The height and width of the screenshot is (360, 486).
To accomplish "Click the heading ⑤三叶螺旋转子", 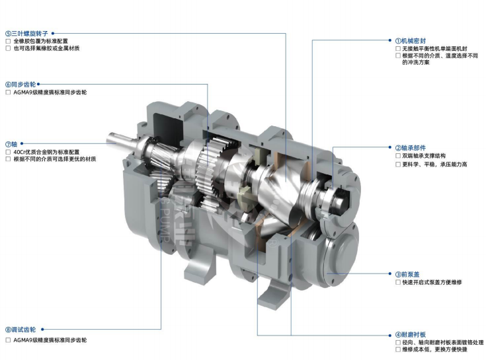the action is pyautogui.click(x=26, y=34).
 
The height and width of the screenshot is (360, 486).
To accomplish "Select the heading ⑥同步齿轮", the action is pyautogui.click(x=20, y=85).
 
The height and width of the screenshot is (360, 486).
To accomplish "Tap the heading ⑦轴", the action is pyautogui.click(x=11, y=144).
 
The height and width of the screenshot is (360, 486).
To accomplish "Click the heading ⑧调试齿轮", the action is pyautogui.click(x=20, y=330).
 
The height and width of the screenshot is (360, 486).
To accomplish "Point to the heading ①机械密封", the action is pyautogui.click(x=411, y=40).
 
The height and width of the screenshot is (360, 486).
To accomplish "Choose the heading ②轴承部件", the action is pyautogui.click(x=411, y=148).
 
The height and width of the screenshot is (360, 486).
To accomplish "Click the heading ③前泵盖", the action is pyautogui.click(x=407, y=274).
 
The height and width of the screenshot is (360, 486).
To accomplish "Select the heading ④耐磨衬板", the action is pyautogui.click(x=411, y=335).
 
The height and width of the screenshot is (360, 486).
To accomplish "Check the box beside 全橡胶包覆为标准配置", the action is pyautogui.click(x=8, y=41).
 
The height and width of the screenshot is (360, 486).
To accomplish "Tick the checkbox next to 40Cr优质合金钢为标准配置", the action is pyautogui.click(x=8, y=152).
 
